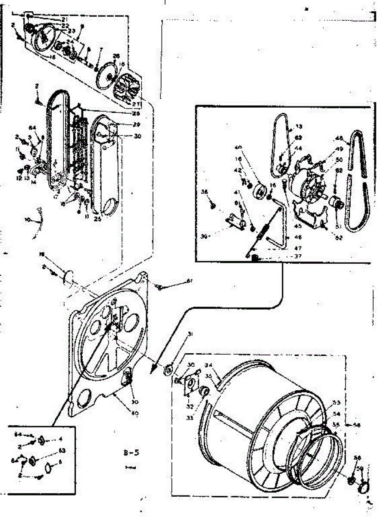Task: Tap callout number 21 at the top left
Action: [65, 19]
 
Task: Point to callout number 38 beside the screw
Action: [204, 192]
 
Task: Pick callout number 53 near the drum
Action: [336, 403]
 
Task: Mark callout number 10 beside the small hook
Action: [28, 220]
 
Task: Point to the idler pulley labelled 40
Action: [260, 190]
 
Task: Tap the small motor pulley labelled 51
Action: [335, 202]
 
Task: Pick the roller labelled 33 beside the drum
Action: [204, 392]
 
